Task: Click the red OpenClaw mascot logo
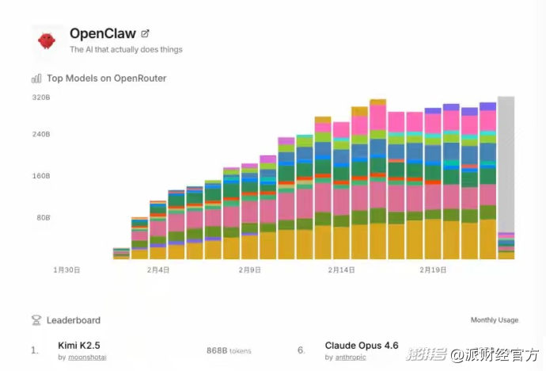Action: pos(47,40)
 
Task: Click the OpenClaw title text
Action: pos(102,33)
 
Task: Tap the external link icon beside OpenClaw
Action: pos(145,33)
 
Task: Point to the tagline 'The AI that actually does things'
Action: pos(126,50)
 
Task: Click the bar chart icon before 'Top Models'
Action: pos(36,78)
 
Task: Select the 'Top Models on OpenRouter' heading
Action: pos(106,78)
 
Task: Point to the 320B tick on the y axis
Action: pos(41,98)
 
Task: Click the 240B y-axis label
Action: pos(41,135)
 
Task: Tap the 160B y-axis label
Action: pos(41,176)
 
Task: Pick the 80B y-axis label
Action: pos(43,217)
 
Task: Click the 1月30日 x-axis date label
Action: pos(66,270)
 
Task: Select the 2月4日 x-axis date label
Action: pos(158,270)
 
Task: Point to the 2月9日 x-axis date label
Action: pos(250,270)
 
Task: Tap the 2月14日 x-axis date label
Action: pos(342,270)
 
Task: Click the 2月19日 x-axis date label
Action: pos(434,270)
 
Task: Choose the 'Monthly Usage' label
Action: pos(495,320)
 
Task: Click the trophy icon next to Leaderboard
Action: pos(36,320)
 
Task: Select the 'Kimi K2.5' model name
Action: pos(79,346)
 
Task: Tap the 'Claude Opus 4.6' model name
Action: pos(362,346)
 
